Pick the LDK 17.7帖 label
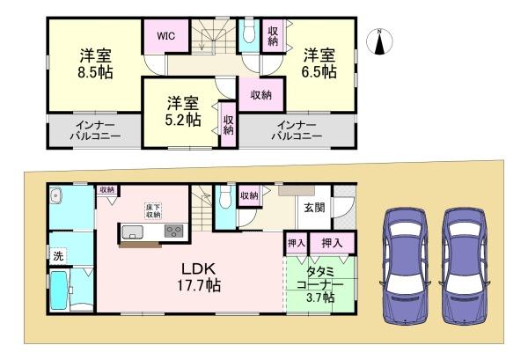(x=201, y=276)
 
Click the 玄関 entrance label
(x=314, y=208)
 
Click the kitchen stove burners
(x=172, y=232)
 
